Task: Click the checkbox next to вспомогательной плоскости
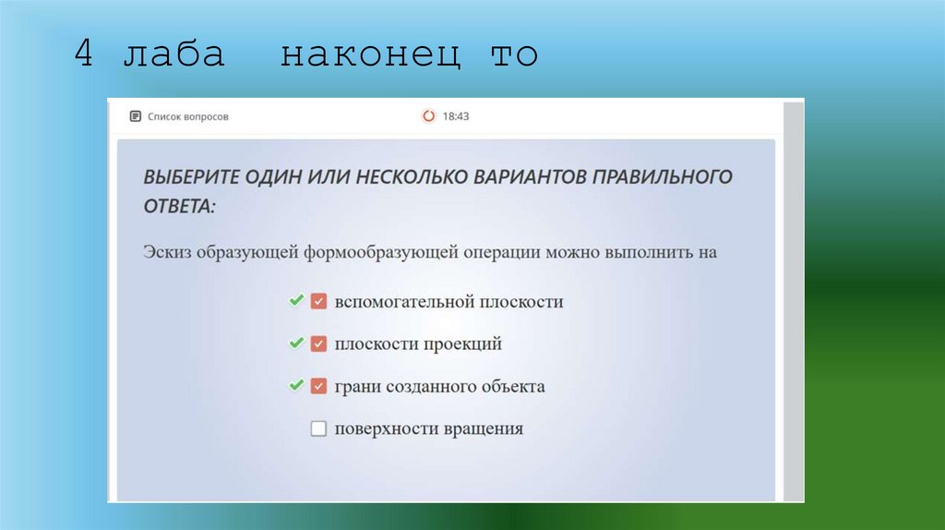click(319, 302)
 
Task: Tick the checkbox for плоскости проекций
click(319, 344)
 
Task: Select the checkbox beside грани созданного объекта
click(319, 386)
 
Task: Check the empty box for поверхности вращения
click(319, 428)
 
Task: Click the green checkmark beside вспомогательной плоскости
click(296, 301)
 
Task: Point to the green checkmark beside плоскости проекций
click(296, 343)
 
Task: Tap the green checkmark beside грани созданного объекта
click(296, 385)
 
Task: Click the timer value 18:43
click(456, 116)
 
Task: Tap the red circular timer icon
click(428, 116)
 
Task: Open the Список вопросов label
click(188, 116)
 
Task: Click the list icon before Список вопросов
click(136, 116)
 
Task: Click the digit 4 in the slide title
click(84, 54)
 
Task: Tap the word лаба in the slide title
click(173, 54)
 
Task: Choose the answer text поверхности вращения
click(429, 428)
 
